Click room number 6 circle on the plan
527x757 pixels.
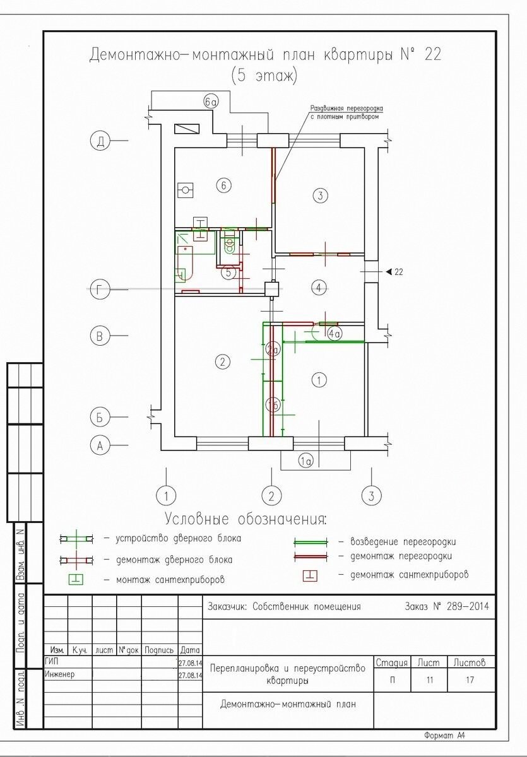click(223, 185)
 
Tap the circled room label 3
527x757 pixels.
click(321, 196)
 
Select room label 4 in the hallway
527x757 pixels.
click(319, 288)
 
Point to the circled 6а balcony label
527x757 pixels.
click(211, 102)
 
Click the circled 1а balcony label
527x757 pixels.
click(305, 461)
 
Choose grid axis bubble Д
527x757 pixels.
click(100, 141)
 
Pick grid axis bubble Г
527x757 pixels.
click(100, 290)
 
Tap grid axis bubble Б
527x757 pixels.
click(100, 417)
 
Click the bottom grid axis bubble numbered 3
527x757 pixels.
click(372, 496)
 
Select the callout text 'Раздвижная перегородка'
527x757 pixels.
click(347, 109)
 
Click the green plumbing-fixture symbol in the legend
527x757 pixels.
click(76, 580)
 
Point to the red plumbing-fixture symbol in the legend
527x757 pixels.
click(310, 575)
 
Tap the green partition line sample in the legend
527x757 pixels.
click(311, 541)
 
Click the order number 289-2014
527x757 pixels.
click(468, 606)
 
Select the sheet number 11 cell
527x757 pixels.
click(430, 679)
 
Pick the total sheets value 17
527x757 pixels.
click(470, 679)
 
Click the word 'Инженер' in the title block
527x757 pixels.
click(59, 674)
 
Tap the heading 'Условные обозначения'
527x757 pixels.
click(246, 519)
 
